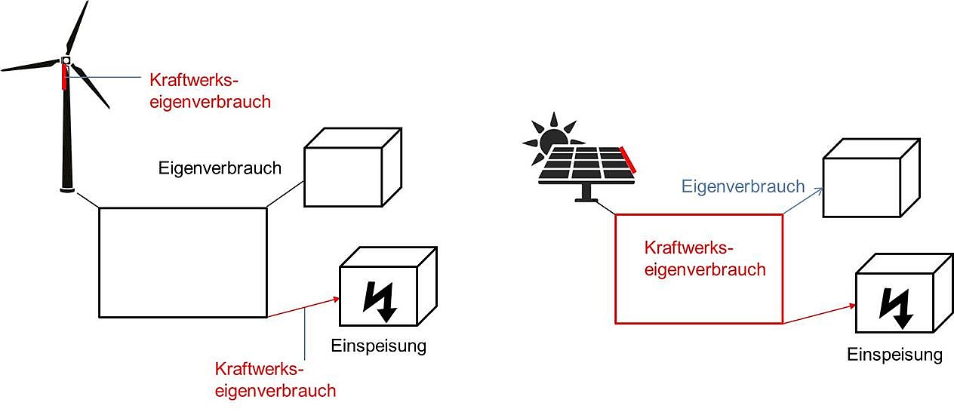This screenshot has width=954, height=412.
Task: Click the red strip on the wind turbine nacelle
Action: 64,78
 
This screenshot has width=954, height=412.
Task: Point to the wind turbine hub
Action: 66,60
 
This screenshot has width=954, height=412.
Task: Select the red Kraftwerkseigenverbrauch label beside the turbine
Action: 210,91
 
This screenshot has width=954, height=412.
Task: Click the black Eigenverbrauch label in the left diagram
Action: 220,168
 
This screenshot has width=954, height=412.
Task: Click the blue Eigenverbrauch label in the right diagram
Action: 743,186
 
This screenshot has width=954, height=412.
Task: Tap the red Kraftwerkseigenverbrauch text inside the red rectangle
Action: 705,258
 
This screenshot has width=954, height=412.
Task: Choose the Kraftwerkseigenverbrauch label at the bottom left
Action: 275,380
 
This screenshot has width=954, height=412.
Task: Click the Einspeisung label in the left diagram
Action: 379,346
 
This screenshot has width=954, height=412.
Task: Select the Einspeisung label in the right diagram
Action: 894,355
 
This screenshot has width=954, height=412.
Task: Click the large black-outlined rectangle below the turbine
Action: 183,262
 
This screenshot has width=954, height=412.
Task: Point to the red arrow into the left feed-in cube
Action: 302,308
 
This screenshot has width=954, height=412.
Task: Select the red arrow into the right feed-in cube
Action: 819,314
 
